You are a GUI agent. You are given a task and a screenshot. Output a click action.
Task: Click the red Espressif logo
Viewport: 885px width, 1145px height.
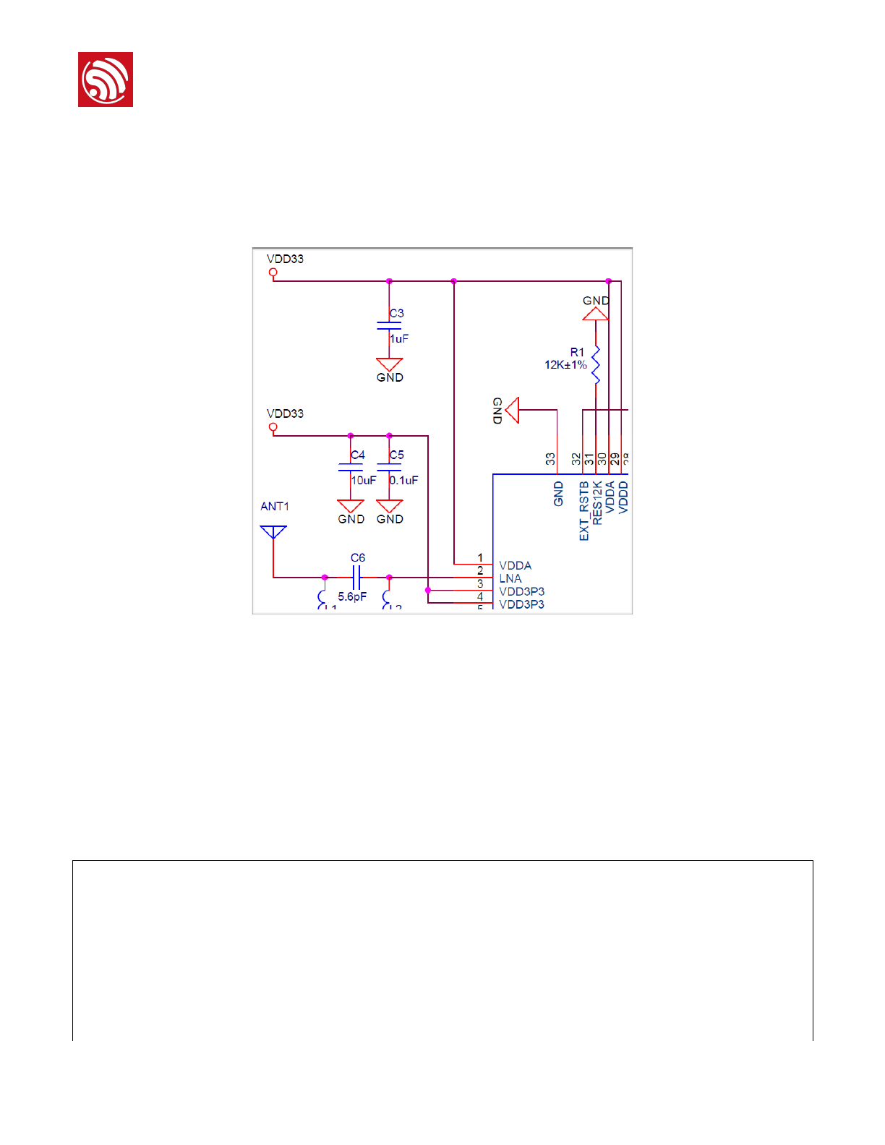tap(106, 80)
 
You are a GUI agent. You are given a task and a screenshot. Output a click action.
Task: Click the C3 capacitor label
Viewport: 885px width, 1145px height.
tap(396, 313)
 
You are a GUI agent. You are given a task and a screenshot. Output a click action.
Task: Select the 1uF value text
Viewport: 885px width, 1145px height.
tap(399, 338)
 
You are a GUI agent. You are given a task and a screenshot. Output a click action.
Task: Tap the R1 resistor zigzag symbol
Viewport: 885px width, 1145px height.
tap(596, 365)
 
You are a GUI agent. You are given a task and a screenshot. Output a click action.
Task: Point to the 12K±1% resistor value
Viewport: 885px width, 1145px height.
tap(565, 365)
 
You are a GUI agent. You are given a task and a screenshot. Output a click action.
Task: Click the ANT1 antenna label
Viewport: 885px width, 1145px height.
tap(275, 506)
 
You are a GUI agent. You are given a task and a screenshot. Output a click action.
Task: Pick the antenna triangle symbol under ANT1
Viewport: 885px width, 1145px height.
tap(273, 532)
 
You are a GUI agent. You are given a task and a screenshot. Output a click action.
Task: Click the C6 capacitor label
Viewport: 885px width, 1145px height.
tap(358, 557)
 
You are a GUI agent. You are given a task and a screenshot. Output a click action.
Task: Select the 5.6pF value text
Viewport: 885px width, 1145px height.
tap(352, 596)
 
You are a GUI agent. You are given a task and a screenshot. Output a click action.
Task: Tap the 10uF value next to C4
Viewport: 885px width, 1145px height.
tap(364, 480)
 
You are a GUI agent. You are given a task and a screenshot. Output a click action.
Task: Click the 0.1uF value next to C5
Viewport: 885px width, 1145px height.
tap(403, 480)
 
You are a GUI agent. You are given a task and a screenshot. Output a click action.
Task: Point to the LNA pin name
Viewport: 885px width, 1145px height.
tap(510, 578)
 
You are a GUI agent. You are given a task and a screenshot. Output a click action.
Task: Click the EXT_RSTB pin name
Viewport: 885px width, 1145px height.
tap(584, 511)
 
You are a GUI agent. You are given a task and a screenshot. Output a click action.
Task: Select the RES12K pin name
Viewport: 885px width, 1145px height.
tap(597, 502)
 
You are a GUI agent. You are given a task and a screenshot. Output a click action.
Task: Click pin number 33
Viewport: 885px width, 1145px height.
tap(550, 459)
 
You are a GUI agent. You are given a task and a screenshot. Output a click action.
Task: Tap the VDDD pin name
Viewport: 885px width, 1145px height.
tap(623, 497)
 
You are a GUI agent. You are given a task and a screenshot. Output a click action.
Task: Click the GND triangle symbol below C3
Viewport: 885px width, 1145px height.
tap(389, 364)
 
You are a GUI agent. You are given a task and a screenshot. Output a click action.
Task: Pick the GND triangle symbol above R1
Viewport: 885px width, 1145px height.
tap(596, 314)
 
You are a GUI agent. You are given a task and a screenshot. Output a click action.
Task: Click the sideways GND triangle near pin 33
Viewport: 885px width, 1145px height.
tap(513, 410)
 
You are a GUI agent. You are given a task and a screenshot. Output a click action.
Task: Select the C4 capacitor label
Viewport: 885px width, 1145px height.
tap(358, 455)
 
